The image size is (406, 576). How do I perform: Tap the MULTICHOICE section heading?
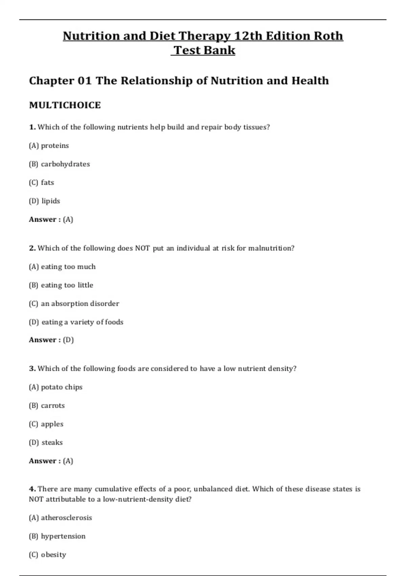coord(65,105)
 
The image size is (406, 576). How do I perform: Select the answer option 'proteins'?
coord(55,146)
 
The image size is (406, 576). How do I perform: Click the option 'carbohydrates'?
coord(65,164)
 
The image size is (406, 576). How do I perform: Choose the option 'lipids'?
coord(51,201)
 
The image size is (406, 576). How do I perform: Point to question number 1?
coord(32,127)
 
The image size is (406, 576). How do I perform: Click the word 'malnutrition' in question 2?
coord(271,248)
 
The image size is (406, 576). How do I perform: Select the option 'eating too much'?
coord(68,267)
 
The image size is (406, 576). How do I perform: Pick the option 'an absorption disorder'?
coord(80,304)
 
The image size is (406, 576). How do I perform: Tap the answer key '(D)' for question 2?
coord(68,340)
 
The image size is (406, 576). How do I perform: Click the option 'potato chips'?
coord(62,387)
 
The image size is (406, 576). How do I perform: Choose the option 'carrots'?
coord(53,406)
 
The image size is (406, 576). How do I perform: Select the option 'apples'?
coord(52,424)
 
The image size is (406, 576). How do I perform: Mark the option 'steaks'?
coord(52,443)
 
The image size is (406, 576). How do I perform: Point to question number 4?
coord(32,489)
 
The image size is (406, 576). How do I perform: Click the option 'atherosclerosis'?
coord(66,518)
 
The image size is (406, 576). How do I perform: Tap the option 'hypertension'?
coord(63,536)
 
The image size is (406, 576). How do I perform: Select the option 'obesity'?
coord(53,555)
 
